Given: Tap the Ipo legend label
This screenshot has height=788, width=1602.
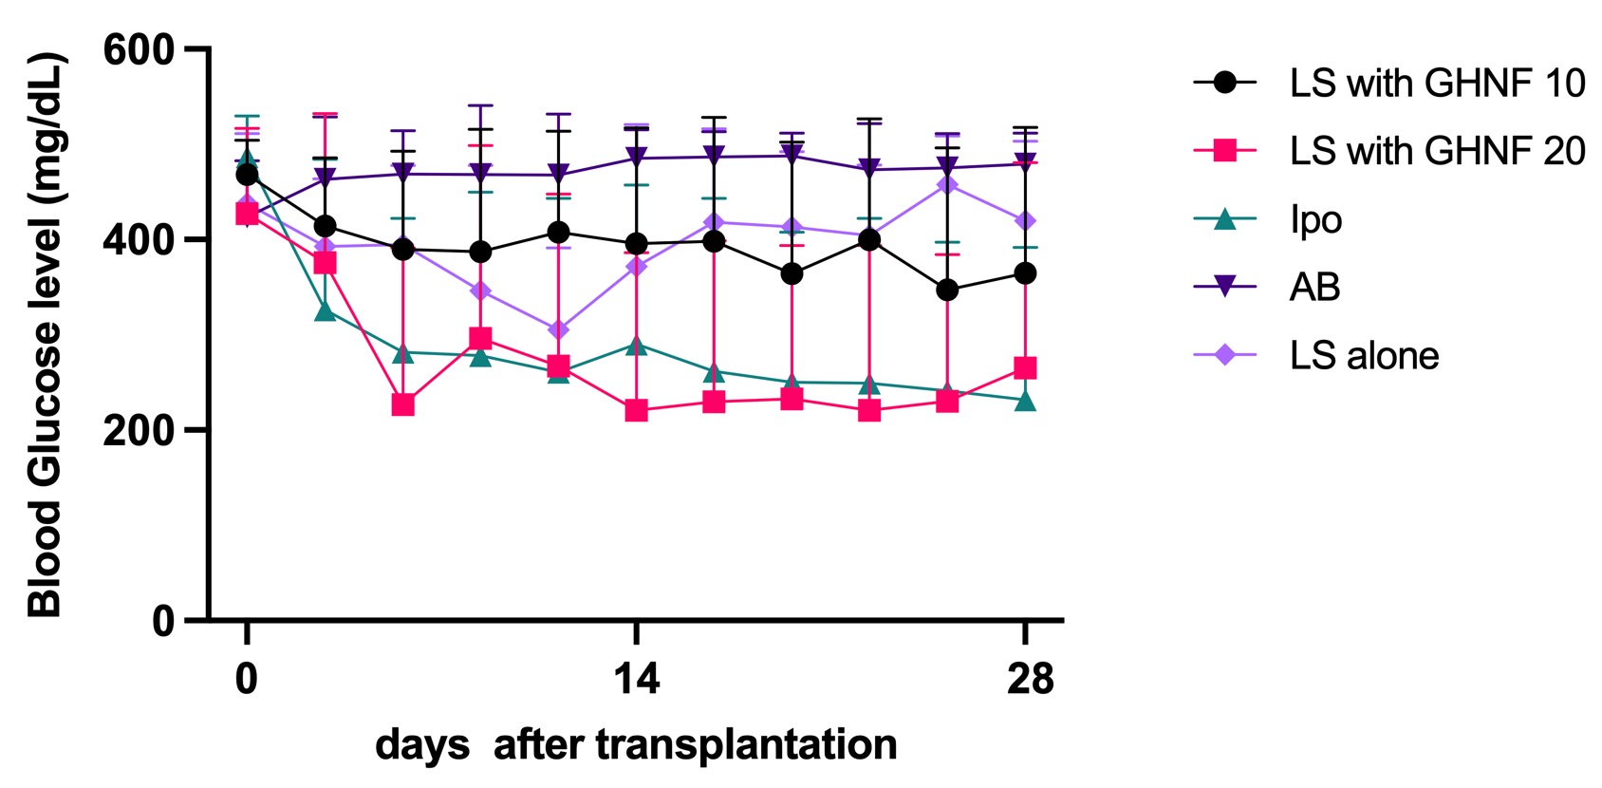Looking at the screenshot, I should [1315, 219].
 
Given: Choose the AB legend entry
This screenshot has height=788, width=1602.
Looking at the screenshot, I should [1314, 287].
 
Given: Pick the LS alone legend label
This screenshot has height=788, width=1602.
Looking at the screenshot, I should [1364, 356].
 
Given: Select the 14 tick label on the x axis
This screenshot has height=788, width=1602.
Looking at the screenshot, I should [636, 679].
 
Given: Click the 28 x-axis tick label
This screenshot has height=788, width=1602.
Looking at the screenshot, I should [1030, 679].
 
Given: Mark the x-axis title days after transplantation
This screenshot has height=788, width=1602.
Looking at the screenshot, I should [636, 744].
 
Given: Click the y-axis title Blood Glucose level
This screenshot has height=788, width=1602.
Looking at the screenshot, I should [46, 334].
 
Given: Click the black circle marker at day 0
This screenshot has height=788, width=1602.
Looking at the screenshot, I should [247, 175].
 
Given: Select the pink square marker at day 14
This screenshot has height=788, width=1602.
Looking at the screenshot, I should [636, 411].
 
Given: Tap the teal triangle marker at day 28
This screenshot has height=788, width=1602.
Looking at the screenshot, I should [1025, 401].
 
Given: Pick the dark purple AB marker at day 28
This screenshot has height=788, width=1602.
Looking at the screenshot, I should [1025, 163].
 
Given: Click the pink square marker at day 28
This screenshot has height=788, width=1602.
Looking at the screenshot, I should [1025, 368].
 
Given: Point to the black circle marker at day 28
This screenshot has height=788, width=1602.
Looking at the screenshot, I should [1025, 273].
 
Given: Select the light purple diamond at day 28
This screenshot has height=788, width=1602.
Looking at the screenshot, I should [1025, 221].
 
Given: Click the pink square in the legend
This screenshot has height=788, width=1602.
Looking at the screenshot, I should [1225, 151].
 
